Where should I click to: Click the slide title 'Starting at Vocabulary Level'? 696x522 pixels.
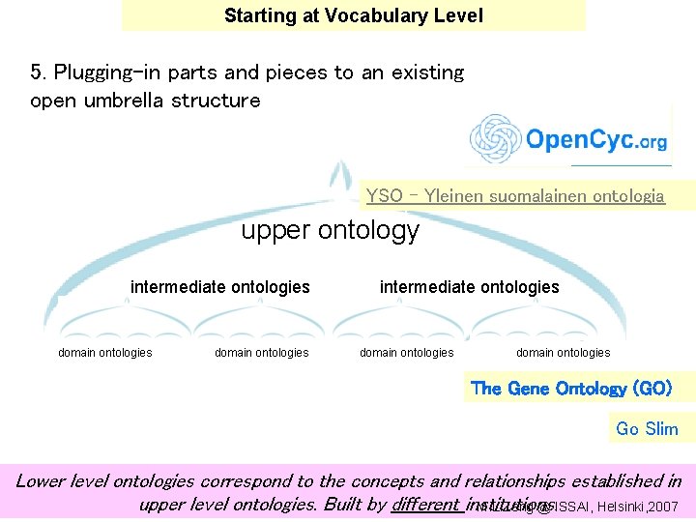(353, 15)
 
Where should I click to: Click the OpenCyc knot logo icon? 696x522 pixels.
(495, 140)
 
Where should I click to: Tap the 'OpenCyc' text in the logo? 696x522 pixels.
(578, 140)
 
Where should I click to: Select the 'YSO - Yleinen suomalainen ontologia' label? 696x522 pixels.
(515, 196)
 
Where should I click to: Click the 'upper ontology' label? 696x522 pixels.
(330, 230)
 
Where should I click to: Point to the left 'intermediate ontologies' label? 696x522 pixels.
(220, 286)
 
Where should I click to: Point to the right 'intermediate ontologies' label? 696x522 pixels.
(469, 286)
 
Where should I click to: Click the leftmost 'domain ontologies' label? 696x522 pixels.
(105, 353)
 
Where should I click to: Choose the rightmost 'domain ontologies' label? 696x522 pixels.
(563, 353)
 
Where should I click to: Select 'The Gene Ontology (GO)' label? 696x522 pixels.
(569, 389)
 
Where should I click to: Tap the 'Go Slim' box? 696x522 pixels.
(647, 428)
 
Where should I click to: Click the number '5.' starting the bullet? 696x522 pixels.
(39, 72)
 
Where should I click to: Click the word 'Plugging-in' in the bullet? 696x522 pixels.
(105, 72)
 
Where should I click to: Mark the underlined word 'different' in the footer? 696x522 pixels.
(425, 504)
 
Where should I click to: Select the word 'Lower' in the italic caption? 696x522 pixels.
(42, 480)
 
